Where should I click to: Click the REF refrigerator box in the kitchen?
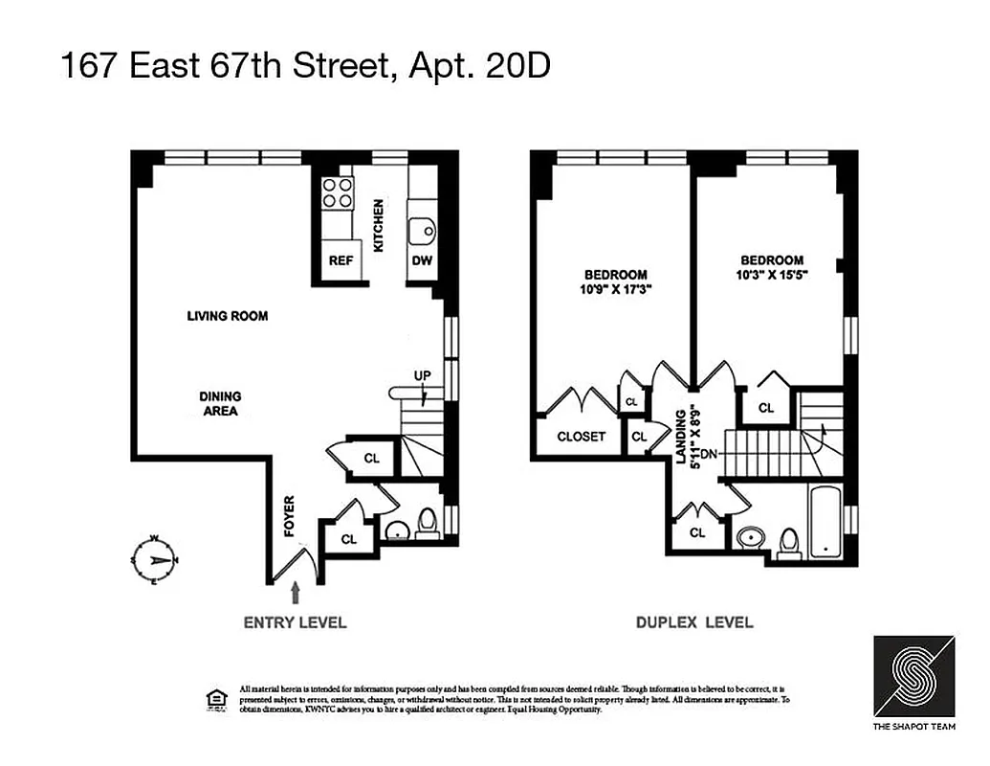pos(341,259)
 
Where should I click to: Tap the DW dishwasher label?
pos(422,259)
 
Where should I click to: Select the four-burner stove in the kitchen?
pos(336,192)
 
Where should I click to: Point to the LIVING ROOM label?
pos(227,316)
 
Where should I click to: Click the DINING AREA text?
pos(220,403)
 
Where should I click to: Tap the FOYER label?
pos(288,514)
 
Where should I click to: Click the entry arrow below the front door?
pos(296,593)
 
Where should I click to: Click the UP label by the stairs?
pos(422,374)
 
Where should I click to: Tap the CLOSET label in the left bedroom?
pos(582,437)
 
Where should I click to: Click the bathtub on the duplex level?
pos(825,523)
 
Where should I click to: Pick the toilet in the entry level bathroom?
pos(428,522)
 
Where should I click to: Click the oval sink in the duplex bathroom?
pos(751,537)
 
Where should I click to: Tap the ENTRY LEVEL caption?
pos(295,622)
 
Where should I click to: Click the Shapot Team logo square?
pos(913,674)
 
